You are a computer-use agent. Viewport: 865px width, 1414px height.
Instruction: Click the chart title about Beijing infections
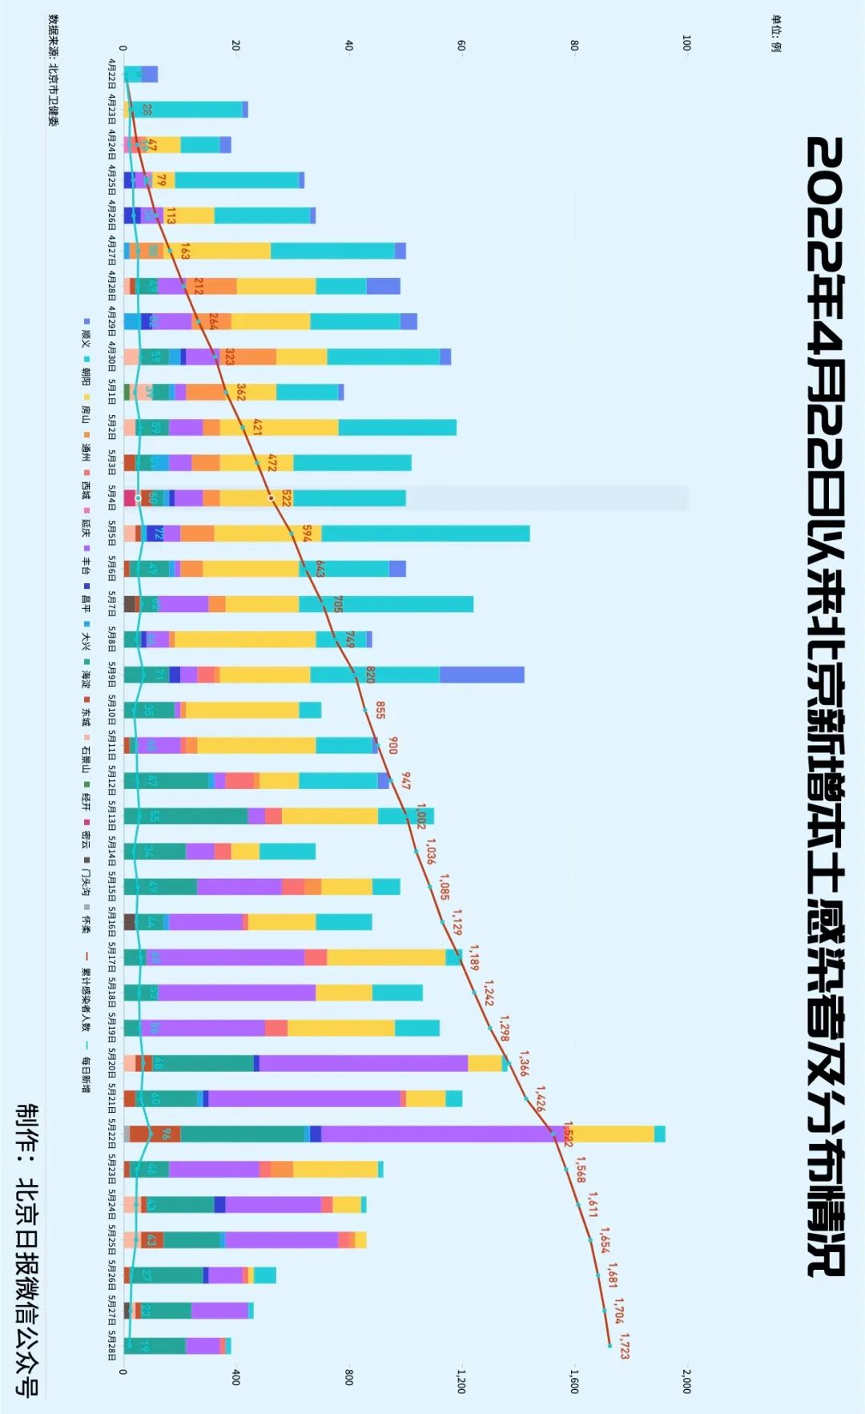(x=825, y=705)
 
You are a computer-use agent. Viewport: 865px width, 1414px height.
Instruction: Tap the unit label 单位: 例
(x=775, y=33)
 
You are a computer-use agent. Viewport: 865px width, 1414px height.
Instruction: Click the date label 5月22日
(x=112, y=1133)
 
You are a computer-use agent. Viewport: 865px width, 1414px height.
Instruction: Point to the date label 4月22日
(x=112, y=75)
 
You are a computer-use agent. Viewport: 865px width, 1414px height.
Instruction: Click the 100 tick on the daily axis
(x=686, y=42)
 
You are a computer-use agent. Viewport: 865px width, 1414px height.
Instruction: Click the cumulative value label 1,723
(x=625, y=1346)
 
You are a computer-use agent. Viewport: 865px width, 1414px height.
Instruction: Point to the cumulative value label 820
(x=370, y=674)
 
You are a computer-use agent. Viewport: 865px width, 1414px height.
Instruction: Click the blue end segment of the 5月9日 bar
(x=481, y=675)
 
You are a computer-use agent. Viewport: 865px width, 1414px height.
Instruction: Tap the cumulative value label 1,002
(x=421, y=816)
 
